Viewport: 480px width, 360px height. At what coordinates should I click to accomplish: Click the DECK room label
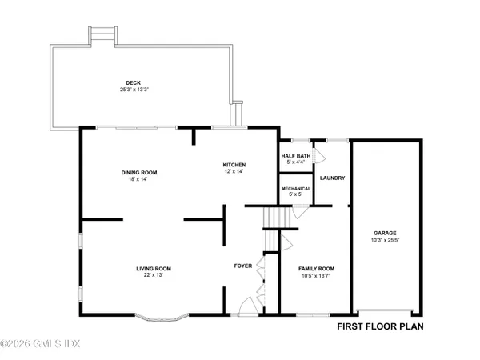132,82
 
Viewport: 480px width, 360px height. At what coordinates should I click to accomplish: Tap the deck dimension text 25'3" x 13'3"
132,90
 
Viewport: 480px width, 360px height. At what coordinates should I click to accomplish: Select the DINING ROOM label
138,172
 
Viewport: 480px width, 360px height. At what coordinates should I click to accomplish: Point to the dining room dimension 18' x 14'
138,179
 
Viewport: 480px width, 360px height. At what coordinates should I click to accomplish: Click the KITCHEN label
234,165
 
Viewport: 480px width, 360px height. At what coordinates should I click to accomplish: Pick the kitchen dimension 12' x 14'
234,172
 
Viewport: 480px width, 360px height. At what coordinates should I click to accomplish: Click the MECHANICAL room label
294,189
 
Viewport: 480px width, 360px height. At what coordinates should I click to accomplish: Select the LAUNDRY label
331,178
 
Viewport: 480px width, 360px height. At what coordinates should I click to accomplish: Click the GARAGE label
386,233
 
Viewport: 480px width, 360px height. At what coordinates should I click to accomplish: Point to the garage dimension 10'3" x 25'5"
386,240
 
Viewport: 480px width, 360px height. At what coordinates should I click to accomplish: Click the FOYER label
242,265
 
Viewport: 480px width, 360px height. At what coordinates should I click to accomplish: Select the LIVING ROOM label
152,269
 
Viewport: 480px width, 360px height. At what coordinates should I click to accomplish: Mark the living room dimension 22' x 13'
152,276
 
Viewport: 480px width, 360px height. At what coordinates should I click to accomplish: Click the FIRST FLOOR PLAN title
379,326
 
